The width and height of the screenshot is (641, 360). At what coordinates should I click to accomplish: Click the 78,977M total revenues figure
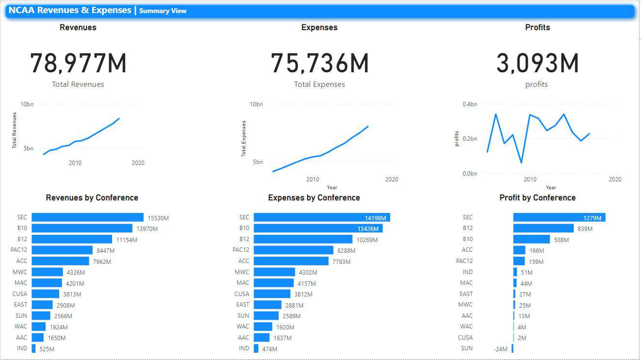[x=78, y=63]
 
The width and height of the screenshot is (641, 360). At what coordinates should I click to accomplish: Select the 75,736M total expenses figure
[x=320, y=63]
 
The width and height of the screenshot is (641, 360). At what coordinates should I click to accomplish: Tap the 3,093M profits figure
[x=537, y=63]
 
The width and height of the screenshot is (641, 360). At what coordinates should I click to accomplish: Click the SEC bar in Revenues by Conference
[x=88, y=217]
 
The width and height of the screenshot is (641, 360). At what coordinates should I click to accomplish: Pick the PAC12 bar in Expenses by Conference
[x=293, y=250]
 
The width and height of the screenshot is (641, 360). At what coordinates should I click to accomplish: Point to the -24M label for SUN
[x=500, y=349]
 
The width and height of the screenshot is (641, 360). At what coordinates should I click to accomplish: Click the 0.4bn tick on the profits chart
[x=469, y=104]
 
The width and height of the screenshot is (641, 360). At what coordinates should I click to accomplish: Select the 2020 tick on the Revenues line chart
[x=138, y=163]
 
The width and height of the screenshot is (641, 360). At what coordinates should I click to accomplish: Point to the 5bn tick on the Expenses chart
[x=257, y=162]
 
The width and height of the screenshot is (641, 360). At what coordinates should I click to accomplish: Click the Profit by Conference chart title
[x=537, y=198]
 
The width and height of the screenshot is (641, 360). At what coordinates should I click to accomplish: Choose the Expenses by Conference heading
[x=314, y=198]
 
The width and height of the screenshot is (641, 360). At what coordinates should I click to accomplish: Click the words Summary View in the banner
[x=163, y=11]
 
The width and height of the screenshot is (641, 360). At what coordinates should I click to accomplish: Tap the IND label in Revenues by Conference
[x=22, y=348]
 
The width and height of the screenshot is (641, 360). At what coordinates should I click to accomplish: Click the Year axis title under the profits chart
[x=551, y=187]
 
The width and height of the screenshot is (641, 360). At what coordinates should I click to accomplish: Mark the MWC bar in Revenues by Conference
[x=47, y=272]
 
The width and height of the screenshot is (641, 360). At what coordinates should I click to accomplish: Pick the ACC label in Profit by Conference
[x=467, y=250]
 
